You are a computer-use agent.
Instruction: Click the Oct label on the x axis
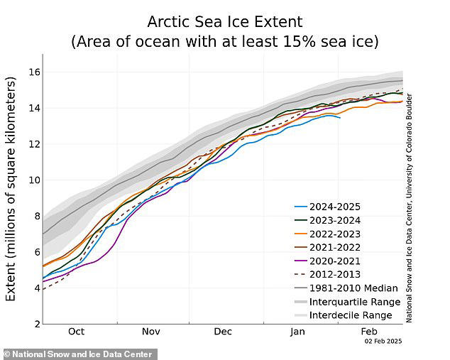pos(76,332)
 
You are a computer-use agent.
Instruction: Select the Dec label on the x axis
pos(223,332)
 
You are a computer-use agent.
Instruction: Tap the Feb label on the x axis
pos(369,332)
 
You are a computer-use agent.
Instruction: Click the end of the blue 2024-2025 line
pos(340,117)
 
